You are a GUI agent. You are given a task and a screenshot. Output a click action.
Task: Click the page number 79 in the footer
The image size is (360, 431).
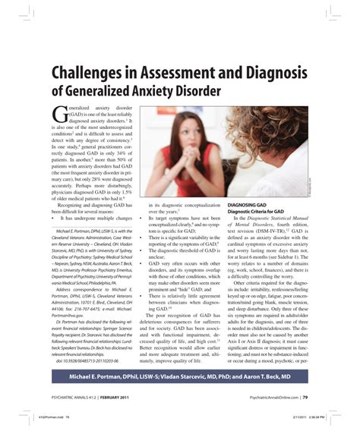pos(305,395)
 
